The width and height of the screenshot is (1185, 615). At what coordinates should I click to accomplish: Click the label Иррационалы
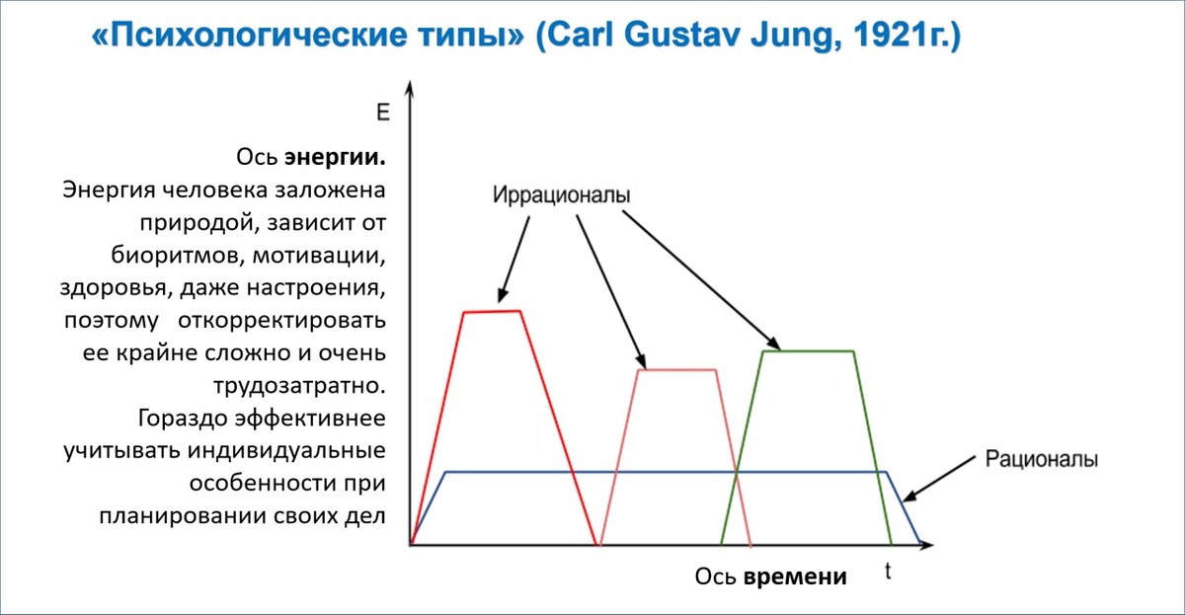click(x=561, y=194)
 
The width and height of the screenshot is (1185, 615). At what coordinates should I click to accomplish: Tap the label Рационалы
click(x=1042, y=459)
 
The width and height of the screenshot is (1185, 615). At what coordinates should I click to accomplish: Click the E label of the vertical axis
click(x=383, y=113)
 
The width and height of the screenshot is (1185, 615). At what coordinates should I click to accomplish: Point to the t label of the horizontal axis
click(x=888, y=572)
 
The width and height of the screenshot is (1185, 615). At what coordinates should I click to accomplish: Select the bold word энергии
click(x=335, y=157)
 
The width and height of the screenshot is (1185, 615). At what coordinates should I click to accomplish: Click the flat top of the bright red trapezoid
click(x=492, y=312)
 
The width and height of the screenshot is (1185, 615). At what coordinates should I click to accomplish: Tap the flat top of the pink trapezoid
click(x=676, y=370)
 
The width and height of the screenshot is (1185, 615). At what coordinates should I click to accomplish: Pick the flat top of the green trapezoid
click(x=808, y=351)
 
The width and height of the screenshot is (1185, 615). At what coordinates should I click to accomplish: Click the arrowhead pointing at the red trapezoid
click(x=503, y=295)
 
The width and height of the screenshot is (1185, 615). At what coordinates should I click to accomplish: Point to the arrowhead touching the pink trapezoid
click(x=642, y=362)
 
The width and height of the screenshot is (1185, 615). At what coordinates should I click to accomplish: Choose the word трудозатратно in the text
click(x=297, y=383)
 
